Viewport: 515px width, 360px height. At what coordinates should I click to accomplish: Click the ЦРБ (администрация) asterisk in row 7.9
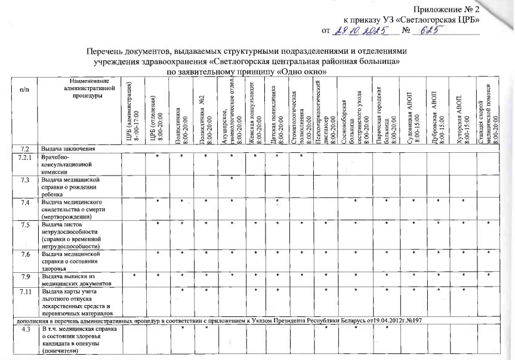click(134, 276)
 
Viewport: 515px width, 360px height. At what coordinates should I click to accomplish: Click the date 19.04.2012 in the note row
click(387, 320)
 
